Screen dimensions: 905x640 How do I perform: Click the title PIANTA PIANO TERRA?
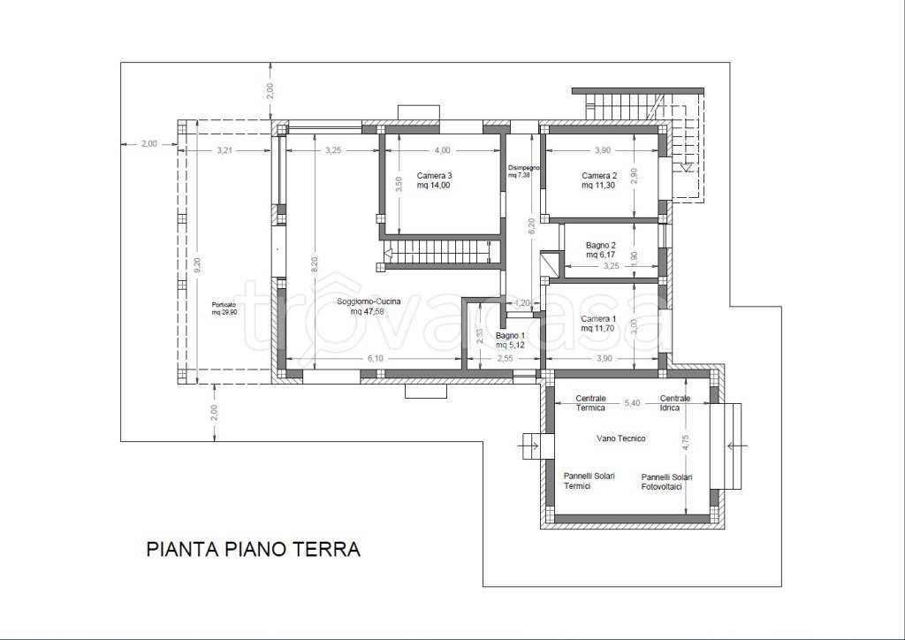point(254,549)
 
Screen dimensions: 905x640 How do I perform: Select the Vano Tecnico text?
point(621,438)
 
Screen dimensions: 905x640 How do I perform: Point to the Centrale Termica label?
point(591,403)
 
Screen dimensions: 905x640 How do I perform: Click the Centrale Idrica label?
point(674,403)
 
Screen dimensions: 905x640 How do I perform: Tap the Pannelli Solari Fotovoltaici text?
point(666,482)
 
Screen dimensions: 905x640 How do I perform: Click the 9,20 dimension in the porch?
point(197,264)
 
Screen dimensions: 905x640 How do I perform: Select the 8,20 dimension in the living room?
point(314,263)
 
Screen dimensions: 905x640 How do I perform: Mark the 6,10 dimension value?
point(375,358)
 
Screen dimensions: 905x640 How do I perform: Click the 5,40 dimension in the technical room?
point(633,403)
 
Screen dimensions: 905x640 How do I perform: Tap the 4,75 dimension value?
point(685,443)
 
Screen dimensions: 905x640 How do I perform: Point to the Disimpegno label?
point(523,171)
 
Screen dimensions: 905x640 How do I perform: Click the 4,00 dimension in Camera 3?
point(442,150)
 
